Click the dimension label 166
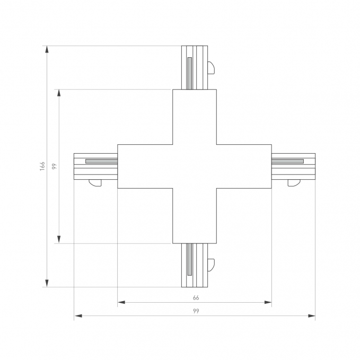click(42, 166)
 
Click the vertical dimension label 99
click(54, 166)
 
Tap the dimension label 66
click(196, 298)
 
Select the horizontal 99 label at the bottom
click(196, 311)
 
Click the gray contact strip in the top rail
click(190, 73)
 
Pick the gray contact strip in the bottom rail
click(190, 259)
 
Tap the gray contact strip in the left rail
click(101, 161)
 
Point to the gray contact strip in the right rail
click(287, 161)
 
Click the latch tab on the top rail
click(211, 68)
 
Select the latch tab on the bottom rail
click(211, 265)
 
